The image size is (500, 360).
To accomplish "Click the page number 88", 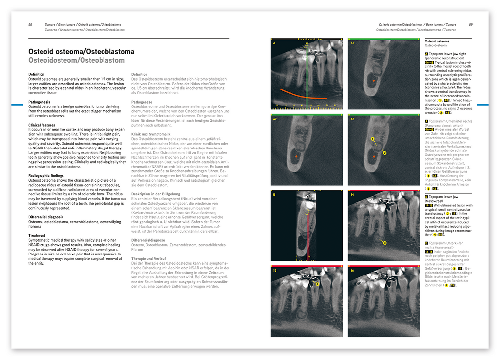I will tap(30, 24).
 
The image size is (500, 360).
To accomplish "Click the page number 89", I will tap(470, 24).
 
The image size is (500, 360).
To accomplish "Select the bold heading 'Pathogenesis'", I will tap(39, 102).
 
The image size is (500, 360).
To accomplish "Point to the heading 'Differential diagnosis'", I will tap(47, 216).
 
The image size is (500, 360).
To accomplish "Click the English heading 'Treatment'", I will tap(37, 235).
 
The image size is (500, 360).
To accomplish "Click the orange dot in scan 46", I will tap(374, 79).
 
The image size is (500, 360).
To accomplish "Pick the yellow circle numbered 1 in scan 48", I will tap(373, 139).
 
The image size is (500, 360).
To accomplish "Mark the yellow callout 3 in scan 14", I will tap(385, 243).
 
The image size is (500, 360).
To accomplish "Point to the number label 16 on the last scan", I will tap(352, 270).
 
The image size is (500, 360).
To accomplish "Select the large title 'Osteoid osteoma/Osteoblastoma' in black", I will tap(81, 51).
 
